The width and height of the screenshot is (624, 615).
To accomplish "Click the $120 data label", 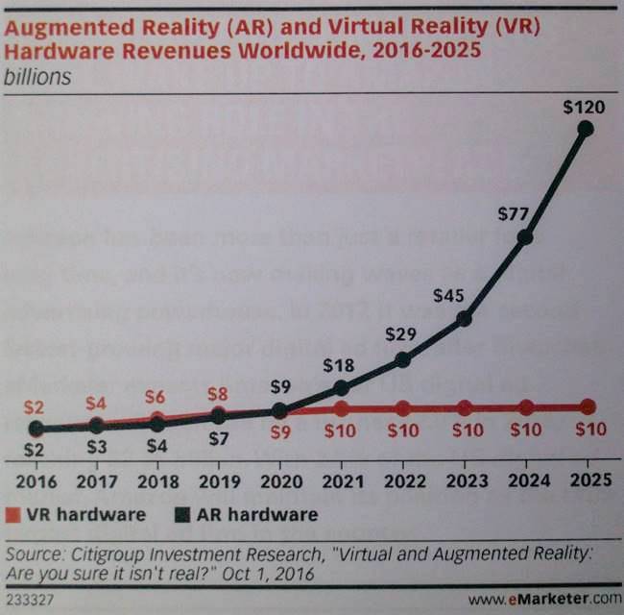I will coord(584,107).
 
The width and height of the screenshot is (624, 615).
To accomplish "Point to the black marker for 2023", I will coord(464,318).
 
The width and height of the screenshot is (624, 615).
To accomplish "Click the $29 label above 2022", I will coord(400,334).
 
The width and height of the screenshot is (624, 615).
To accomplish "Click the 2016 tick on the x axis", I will coord(35,479).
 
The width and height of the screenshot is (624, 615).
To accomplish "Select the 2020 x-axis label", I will coord(279,479).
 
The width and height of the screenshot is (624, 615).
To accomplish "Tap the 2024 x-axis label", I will coord(525,479).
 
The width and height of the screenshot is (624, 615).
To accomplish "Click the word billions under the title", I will coord(38,76).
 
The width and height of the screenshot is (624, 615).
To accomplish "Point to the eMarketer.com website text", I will coord(549,599).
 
